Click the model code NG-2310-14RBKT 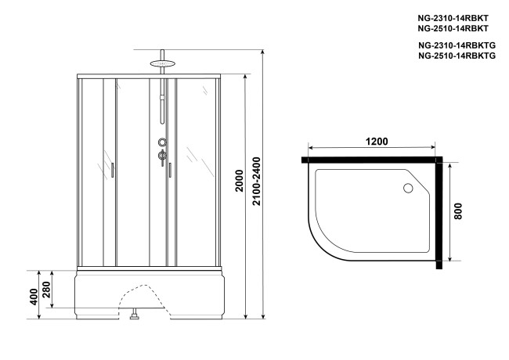tap(449, 16)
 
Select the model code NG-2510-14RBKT tap(449, 27)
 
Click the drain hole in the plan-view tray tap(407, 189)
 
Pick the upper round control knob tap(162, 142)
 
